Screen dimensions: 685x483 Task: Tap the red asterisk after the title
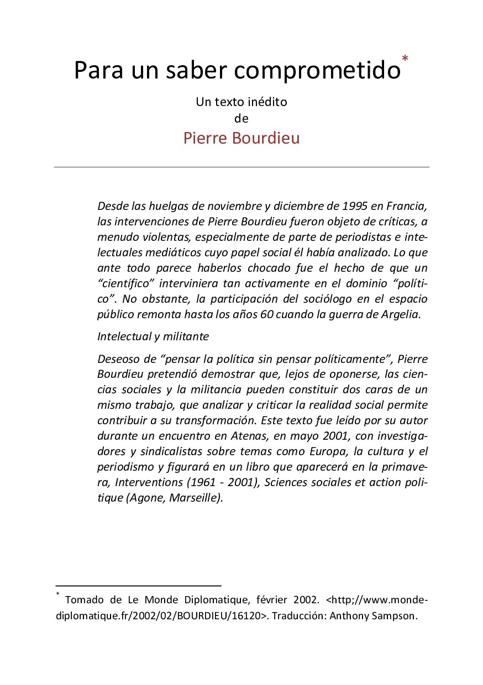(406, 59)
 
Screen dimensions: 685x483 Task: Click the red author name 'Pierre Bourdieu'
(242, 138)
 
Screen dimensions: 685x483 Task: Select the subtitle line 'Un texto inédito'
(242, 102)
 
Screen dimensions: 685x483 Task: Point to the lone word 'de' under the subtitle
(242, 118)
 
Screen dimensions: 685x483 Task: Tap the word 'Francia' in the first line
(408, 207)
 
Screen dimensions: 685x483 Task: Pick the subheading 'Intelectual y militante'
(153, 336)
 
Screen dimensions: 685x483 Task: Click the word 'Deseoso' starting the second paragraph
(117, 359)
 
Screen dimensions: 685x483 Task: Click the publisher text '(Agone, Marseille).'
(175, 498)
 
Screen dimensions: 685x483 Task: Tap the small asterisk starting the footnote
(57, 594)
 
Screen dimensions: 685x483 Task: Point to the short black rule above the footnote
(138, 584)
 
